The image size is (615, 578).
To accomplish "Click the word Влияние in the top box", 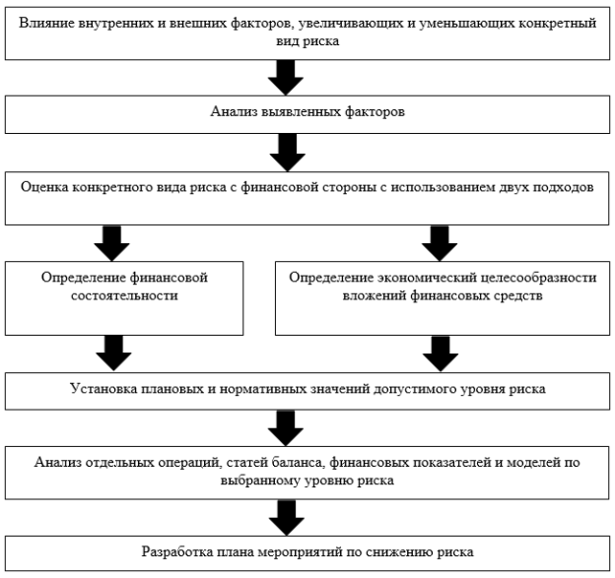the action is pyautogui.click(x=46, y=23).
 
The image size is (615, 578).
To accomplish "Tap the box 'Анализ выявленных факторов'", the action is pyautogui.click(x=307, y=114).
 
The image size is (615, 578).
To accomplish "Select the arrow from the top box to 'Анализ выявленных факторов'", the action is pyautogui.click(x=286, y=78).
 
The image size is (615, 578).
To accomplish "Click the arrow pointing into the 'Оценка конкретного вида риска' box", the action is pyautogui.click(x=288, y=153).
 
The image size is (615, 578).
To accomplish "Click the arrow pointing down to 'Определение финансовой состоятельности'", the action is pyautogui.click(x=111, y=243).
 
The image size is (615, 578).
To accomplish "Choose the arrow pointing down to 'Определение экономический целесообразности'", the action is pyautogui.click(x=440, y=243).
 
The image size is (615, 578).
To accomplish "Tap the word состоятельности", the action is pyautogui.click(x=124, y=295).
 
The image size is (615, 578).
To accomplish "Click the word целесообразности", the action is pyautogui.click(x=538, y=278).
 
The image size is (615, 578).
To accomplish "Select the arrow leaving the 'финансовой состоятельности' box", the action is pyautogui.click(x=113, y=353).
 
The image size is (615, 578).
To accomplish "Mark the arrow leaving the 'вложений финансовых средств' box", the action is pyautogui.click(x=441, y=353).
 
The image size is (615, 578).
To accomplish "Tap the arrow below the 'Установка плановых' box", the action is pyautogui.click(x=286, y=428).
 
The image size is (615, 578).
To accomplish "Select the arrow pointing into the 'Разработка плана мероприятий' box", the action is pyautogui.click(x=287, y=518).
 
